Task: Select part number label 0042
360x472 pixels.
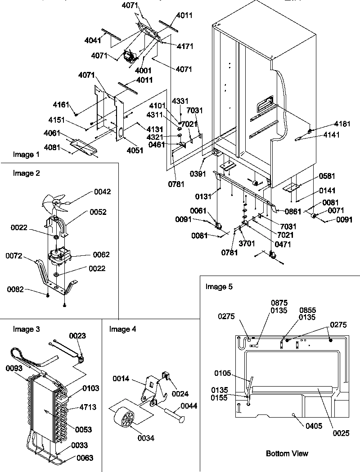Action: point(102,192)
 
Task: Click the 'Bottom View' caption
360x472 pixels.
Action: point(287,453)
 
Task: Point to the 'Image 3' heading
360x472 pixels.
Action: point(26,329)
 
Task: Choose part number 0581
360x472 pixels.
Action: point(327,176)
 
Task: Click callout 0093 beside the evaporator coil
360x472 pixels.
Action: point(14,368)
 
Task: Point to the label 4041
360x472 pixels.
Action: point(93,40)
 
